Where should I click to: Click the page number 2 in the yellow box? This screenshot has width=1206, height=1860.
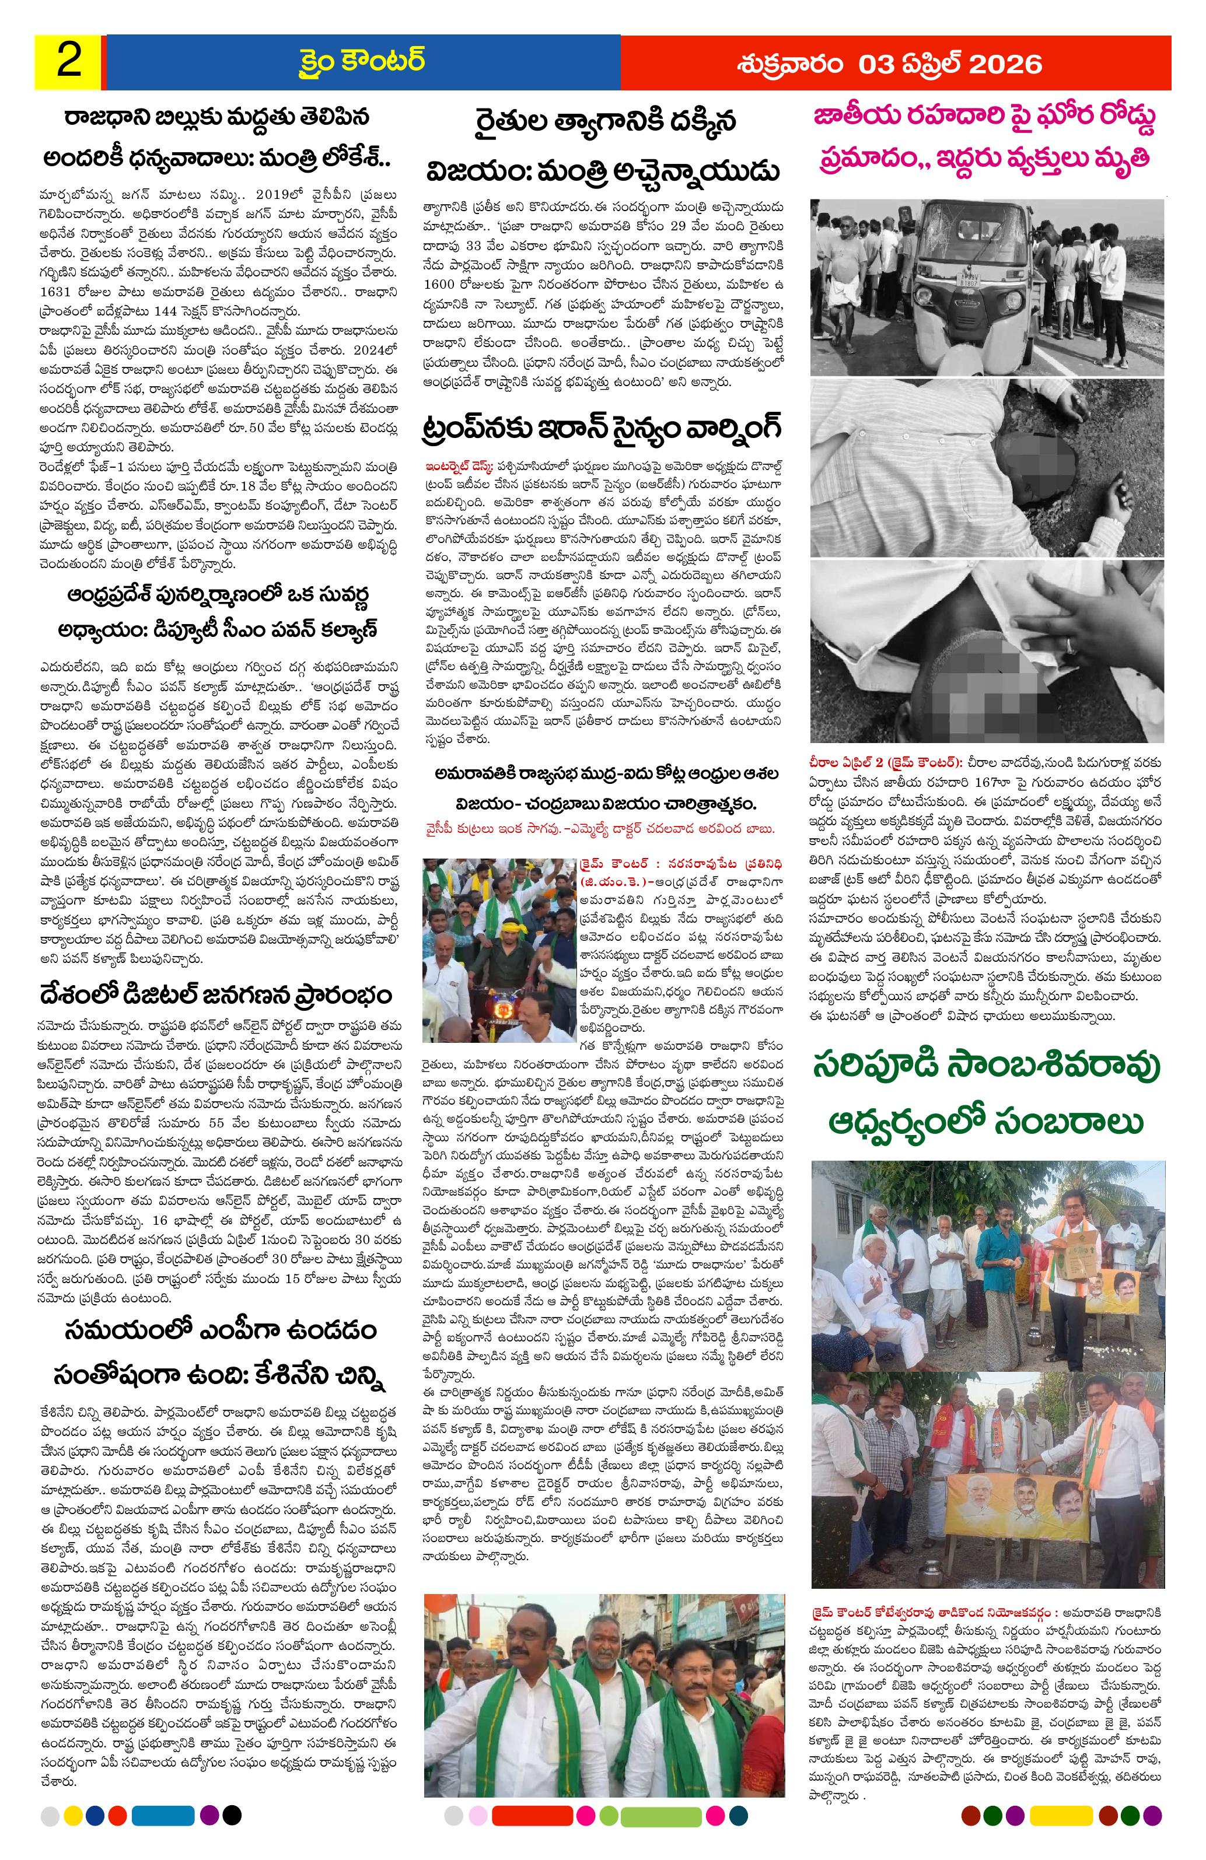69,62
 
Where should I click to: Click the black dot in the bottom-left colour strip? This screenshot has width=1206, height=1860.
232,1836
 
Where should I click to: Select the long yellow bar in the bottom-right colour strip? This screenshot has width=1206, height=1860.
1061,1836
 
